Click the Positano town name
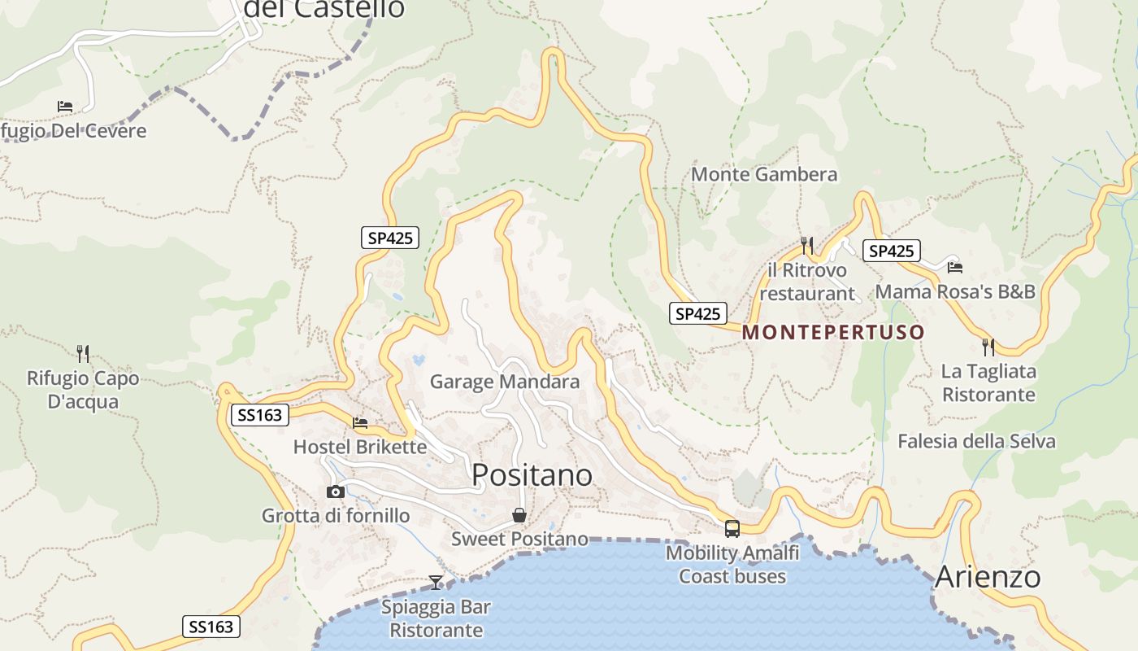532,474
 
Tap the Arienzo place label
988,576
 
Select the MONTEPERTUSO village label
833,332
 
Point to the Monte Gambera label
763,174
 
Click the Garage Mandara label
505,381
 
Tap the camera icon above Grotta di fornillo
335,492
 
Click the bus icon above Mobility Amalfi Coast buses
732,529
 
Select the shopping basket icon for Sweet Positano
519,515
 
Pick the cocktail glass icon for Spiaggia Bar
436,582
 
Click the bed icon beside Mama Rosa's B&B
954,266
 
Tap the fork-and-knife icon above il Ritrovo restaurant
806,244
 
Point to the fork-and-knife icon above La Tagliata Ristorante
988,347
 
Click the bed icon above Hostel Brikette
360,422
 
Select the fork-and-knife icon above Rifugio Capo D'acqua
82,353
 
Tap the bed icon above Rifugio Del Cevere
65,107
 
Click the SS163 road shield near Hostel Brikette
260,415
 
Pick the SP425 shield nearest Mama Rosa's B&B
892,251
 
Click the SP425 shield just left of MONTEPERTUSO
697,313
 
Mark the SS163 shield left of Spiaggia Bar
211,626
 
